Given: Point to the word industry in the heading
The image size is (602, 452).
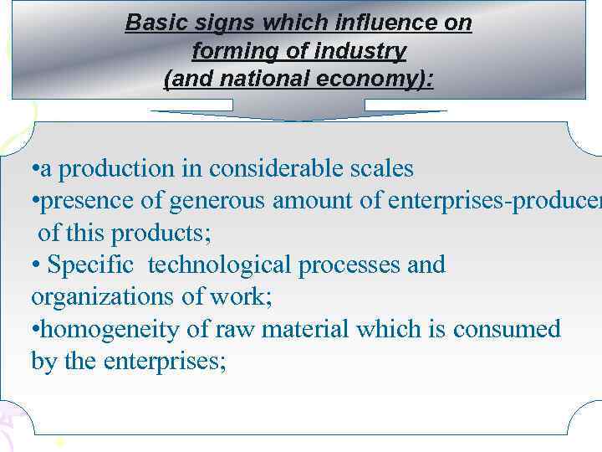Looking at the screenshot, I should [x=360, y=52].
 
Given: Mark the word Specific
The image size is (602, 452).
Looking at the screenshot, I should [x=90, y=265].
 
